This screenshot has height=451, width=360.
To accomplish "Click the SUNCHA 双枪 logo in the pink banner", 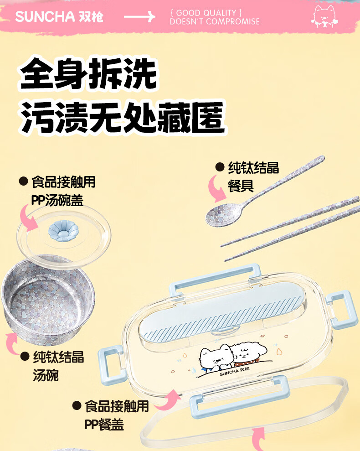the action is [59, 17].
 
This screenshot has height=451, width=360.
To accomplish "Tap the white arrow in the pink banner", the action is [139, 17].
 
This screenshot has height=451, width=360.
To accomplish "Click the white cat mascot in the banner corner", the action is [324, 16].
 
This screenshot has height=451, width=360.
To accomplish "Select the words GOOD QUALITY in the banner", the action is [206, 13].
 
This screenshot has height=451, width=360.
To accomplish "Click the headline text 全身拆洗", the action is [88, 73].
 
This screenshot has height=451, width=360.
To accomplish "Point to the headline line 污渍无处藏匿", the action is [123, 117].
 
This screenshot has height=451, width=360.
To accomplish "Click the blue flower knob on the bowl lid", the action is [63, 231].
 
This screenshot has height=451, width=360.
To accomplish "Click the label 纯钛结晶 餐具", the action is [253, 176].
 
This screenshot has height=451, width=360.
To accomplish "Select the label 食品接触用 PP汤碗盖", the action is [63, 191].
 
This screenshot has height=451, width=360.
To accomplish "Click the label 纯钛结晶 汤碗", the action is [58, 366].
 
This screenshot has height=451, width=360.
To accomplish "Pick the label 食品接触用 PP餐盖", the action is [117, 415].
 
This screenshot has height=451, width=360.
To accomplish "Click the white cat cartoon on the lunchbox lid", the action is [216, 358].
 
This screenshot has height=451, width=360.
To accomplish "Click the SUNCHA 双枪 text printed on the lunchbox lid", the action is [234, 371].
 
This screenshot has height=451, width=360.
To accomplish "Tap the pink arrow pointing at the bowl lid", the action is [28, 218].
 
